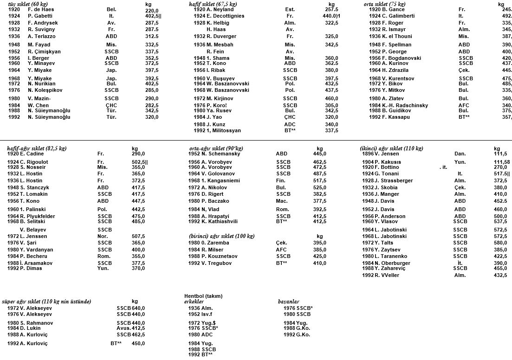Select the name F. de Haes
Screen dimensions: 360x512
point(42,10)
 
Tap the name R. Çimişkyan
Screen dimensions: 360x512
point(44,51)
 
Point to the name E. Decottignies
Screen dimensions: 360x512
point(226,16)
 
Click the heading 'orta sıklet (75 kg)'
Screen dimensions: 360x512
point(384,4)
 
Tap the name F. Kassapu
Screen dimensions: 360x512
point(396,117)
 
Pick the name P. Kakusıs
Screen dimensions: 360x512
point(388,162)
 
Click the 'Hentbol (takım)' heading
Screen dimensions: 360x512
point(203,296)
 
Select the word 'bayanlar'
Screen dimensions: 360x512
point(288,302)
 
